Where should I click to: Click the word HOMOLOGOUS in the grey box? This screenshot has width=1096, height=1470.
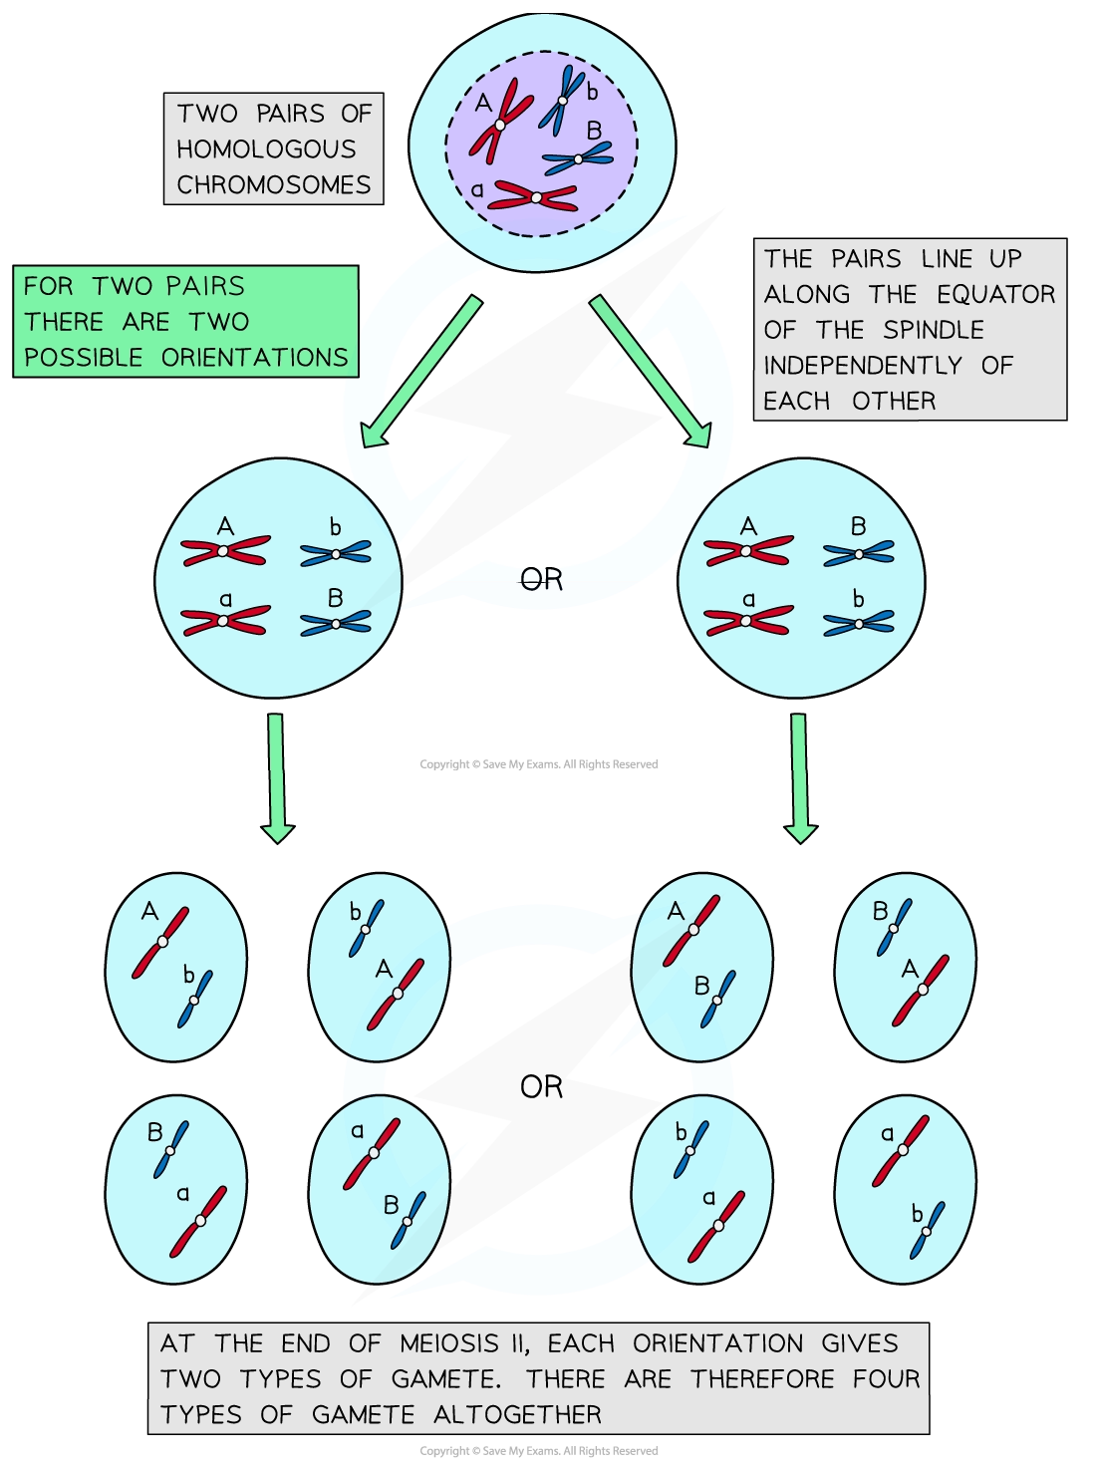tap(266, 149)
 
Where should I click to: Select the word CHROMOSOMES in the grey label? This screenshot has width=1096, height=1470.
tap(273, 185)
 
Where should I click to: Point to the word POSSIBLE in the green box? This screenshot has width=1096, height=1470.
tap(84, 358)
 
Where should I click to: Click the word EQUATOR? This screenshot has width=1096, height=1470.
tap(995, 295)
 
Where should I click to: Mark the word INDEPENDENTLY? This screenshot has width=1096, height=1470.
tap(862, 366)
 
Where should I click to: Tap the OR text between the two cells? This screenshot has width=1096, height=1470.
tap(541, 579)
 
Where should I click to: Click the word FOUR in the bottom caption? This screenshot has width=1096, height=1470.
tap(886, 1379)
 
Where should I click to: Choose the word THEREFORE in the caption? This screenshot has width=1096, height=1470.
tap(762, 1379)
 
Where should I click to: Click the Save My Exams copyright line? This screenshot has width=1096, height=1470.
tap(538, 1451)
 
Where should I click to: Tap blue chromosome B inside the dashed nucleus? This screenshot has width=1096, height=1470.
tap(578, 157)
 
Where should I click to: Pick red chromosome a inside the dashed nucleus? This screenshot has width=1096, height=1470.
tap(535, 197)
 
